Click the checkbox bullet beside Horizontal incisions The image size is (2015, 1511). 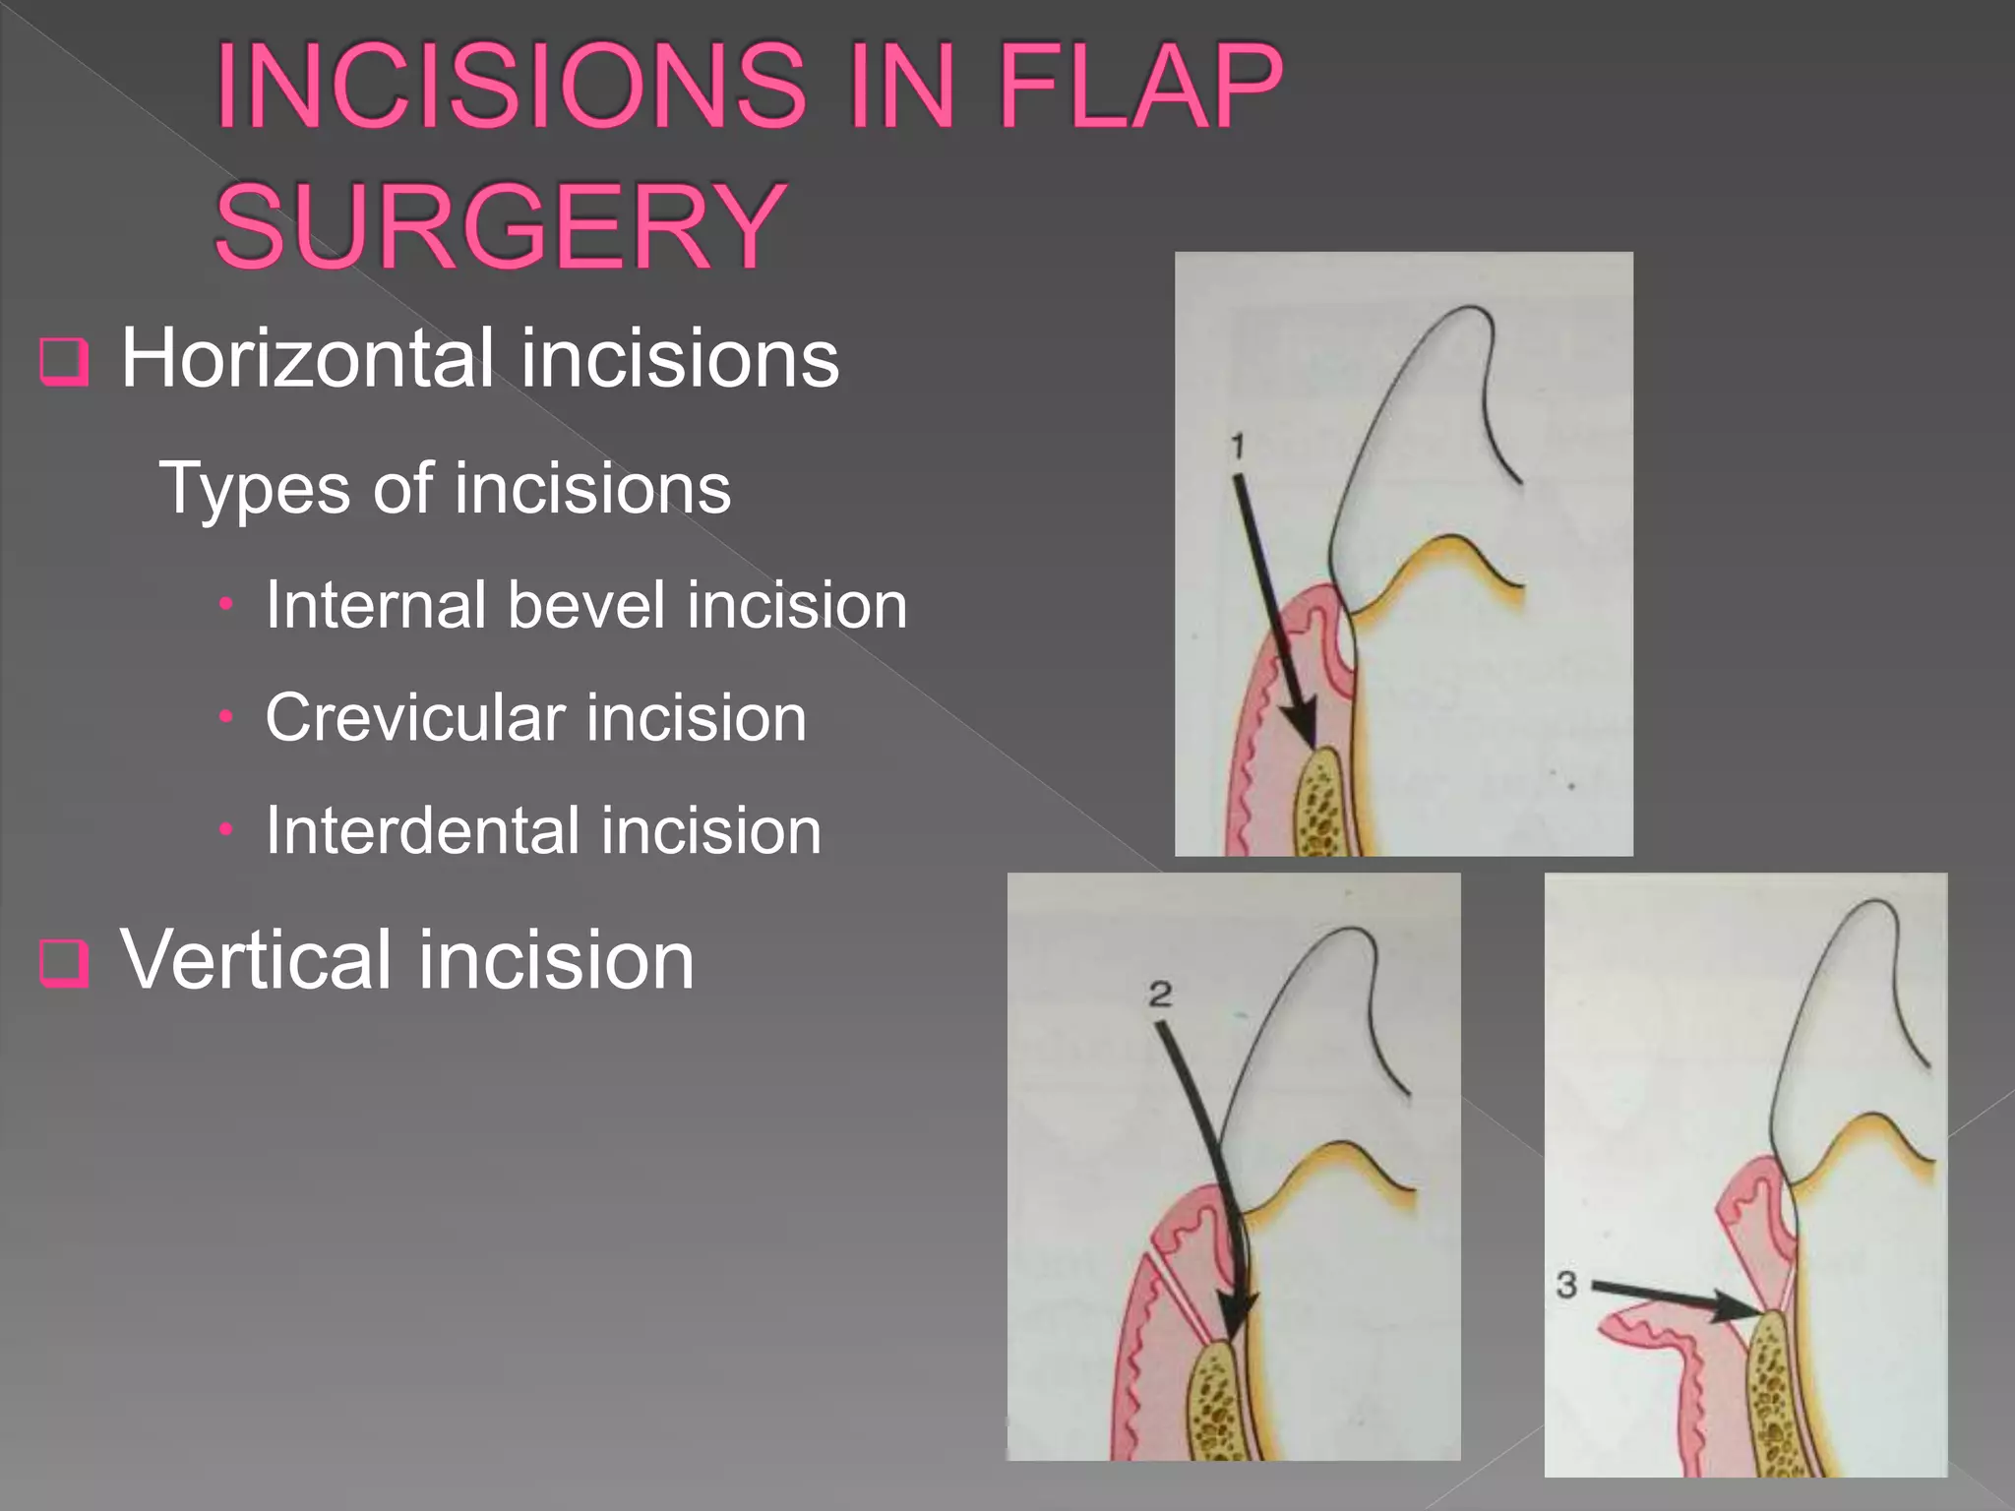point(64,362)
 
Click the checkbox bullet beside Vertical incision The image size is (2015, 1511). point(64,962)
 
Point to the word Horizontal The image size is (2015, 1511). point(306,358)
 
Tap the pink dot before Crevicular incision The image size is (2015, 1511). point(226,718)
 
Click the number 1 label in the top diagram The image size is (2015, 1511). point(1238,447)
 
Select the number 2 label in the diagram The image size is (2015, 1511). point(1160,995)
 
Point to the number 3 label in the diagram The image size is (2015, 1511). point(1566,1284)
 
